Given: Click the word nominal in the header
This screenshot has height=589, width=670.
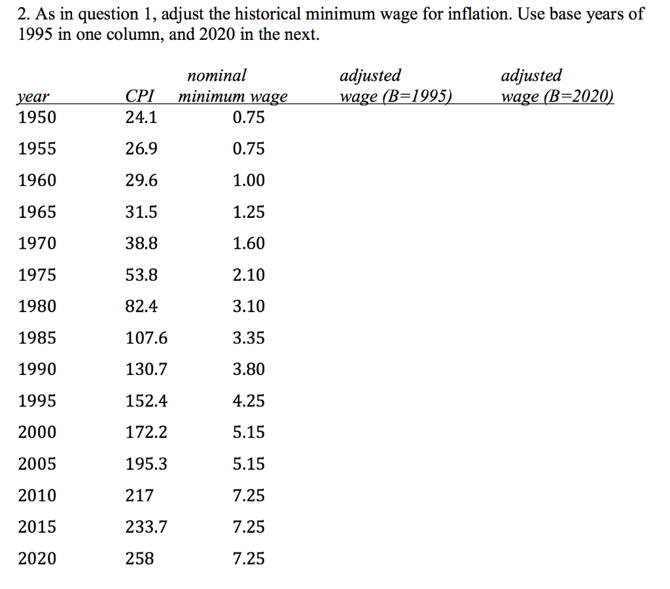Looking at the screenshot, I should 217,76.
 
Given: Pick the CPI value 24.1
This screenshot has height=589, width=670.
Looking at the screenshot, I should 141,118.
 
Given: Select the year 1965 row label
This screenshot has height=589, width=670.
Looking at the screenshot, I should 37,212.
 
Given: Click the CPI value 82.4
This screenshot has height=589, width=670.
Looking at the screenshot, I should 141,306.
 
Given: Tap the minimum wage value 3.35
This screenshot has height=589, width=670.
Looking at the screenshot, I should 249,338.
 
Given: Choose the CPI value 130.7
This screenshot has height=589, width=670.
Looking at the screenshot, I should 146,370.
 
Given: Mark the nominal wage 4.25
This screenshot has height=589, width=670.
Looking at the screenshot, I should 249,401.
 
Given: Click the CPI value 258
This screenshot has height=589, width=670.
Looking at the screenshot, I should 139,559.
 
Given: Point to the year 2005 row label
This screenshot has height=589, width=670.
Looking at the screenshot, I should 37,465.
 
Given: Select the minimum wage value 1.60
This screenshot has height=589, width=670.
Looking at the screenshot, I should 249,243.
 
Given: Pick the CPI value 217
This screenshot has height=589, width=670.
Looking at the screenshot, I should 139,496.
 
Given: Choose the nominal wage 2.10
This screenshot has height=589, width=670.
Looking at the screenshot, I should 249,275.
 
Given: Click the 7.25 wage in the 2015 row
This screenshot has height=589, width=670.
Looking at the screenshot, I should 249,527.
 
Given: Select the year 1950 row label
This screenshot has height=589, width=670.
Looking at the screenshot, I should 37,118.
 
